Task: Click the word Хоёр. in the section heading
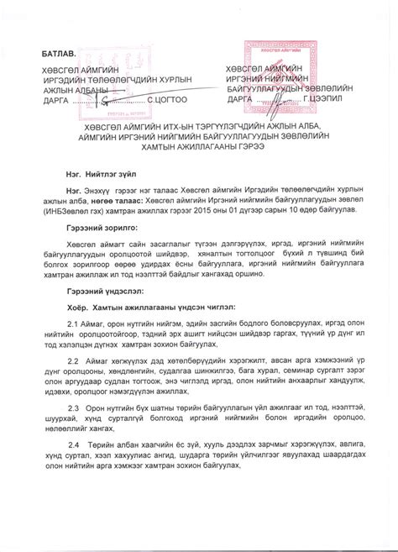(x=79, y=307)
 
